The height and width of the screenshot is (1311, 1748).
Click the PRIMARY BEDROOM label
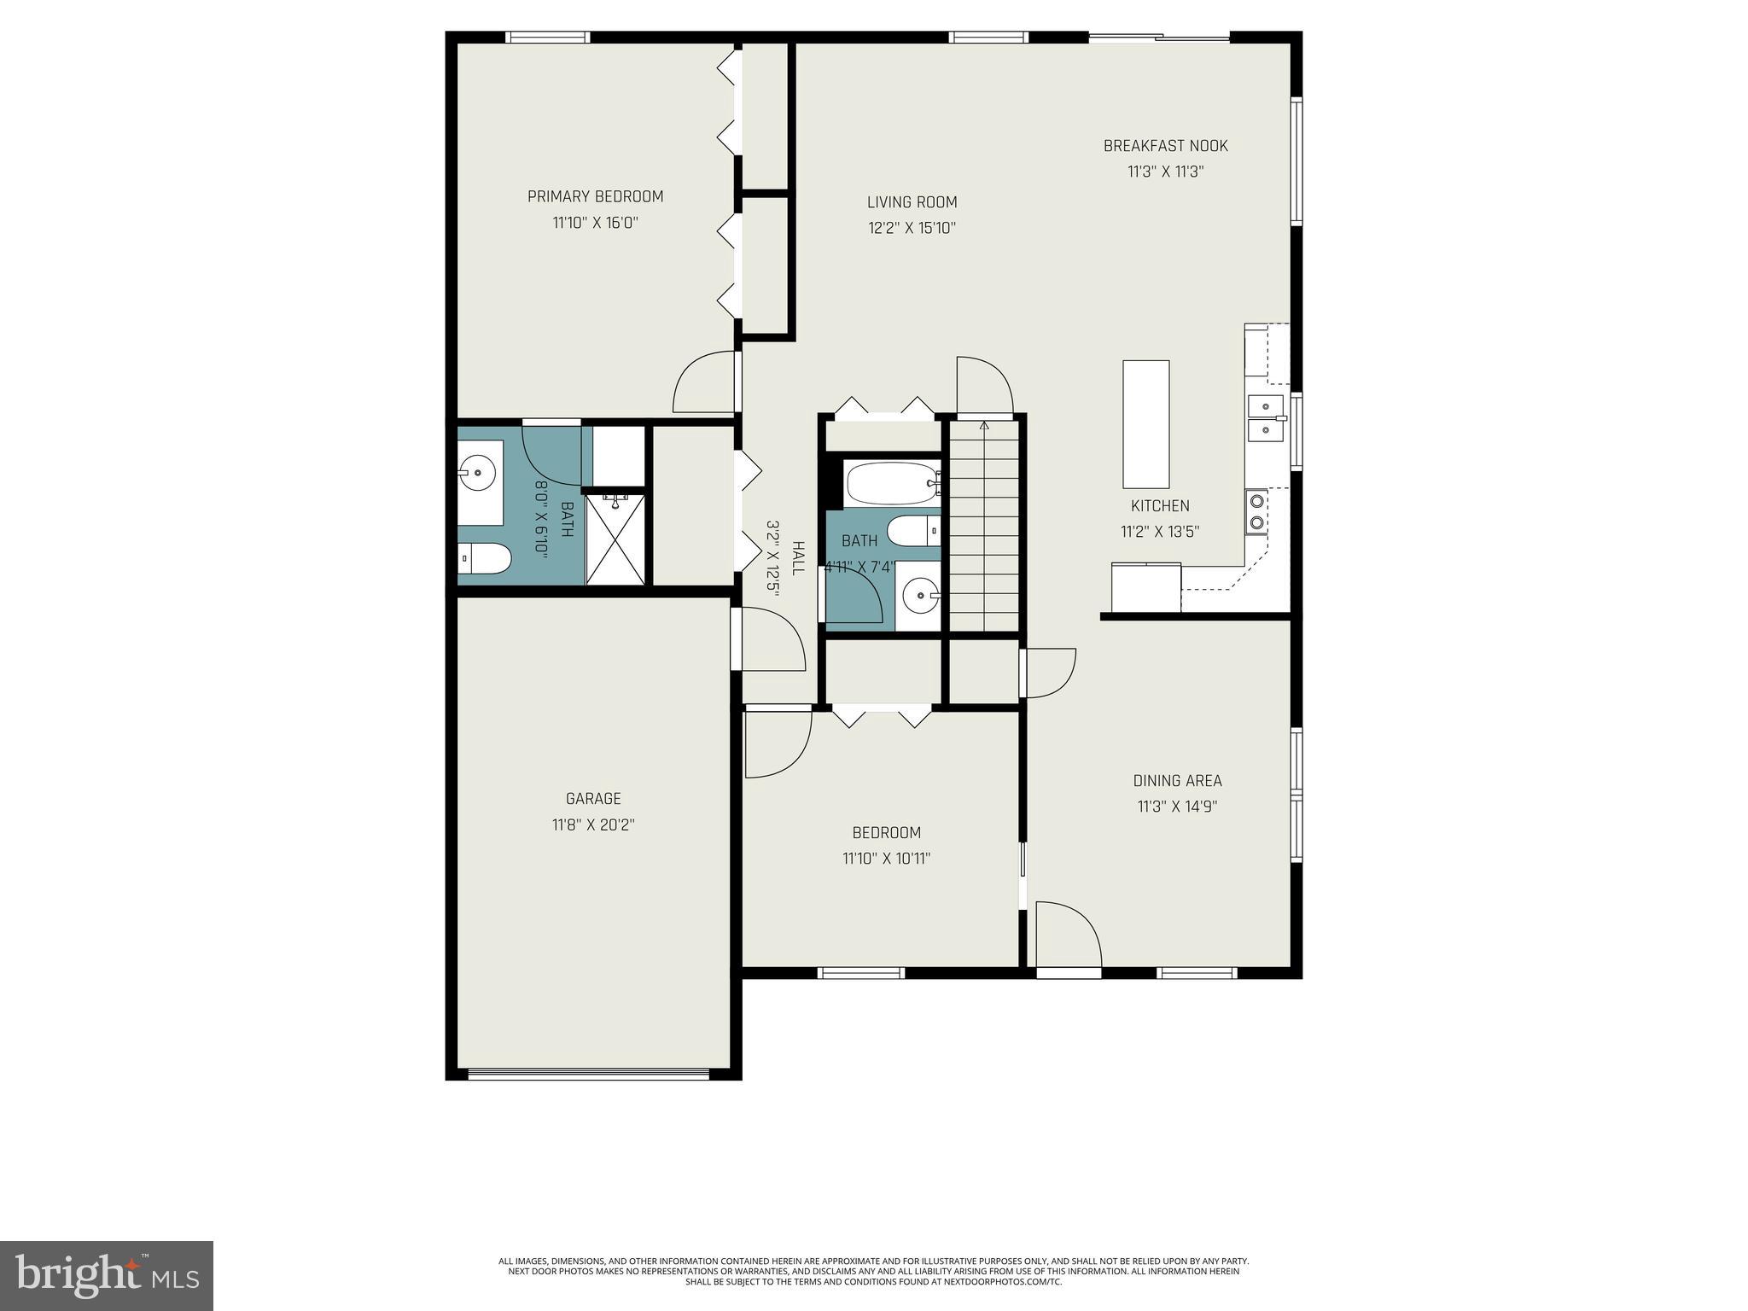595,196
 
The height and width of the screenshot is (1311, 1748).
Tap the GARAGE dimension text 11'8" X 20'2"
593,825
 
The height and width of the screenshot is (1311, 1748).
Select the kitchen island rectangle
1145,424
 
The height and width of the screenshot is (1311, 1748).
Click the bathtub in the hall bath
891,483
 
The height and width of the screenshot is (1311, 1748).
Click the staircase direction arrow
984,424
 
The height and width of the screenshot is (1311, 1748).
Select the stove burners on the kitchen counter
1256,511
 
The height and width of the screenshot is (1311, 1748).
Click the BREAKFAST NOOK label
1165,146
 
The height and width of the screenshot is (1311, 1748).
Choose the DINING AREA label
1177,780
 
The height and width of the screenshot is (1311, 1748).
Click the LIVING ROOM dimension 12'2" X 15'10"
912,228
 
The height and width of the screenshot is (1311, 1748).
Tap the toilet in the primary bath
484,560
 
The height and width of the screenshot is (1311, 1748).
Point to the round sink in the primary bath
477,469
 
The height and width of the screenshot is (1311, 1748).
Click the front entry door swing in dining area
1067,935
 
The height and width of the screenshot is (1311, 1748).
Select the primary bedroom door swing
704,384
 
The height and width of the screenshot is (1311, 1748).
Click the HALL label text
798,557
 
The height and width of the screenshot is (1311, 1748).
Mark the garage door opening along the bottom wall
589,1075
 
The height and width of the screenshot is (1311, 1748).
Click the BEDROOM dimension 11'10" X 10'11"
886,859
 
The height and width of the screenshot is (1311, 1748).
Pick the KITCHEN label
1160,505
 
